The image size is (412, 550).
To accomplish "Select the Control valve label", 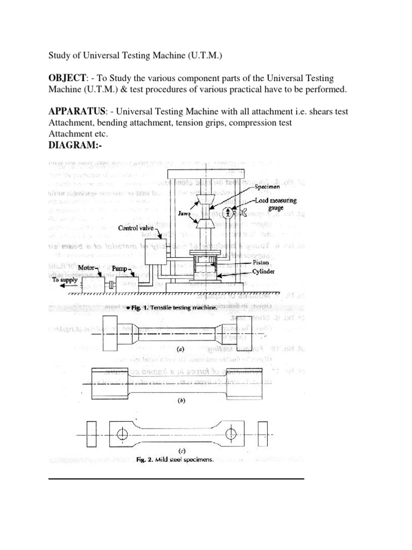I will click(x=136, y=228).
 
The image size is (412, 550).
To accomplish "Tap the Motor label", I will click(x=87, y=266).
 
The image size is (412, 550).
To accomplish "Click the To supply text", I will click(x=65, y=279).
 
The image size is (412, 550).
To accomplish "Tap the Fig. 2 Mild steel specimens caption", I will click(x=175, y=460).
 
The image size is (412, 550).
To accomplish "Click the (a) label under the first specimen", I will click(x=181, y=349).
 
